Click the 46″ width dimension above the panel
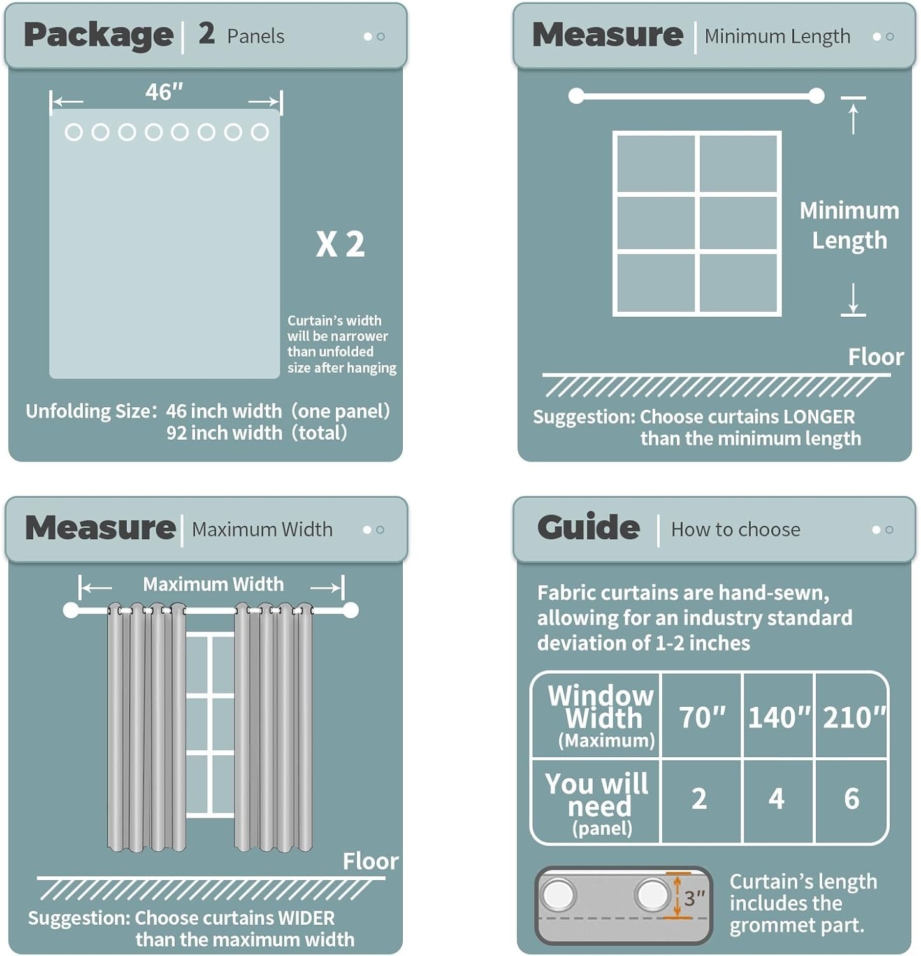164,92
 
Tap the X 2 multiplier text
340,244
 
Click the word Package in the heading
99,35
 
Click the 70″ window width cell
702,717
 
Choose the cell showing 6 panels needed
852,799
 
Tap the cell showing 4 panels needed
776,799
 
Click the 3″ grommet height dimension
694,898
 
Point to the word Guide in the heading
588,527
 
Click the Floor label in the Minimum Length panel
876,357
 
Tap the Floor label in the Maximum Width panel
370,862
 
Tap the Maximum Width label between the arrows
213,584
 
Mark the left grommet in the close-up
558,894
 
